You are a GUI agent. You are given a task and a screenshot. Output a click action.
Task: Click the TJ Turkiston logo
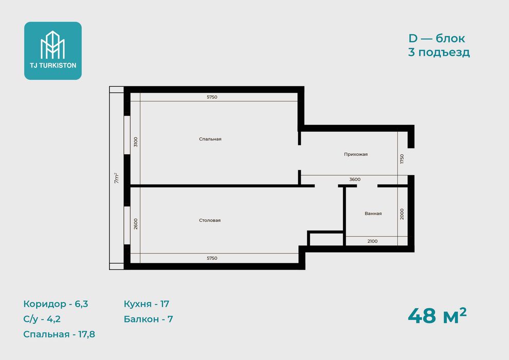(x=53, y=50)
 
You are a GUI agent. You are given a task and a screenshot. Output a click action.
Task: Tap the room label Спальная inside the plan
(x=210, y=139)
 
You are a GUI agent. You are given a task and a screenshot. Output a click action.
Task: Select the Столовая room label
(x=210, y=220)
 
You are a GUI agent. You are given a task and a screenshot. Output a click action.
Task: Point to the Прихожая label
(x=356, y=154)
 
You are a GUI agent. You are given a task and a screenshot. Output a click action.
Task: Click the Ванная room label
(x=373, y=213)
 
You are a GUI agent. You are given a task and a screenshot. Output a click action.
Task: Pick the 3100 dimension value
(x=136, y=142)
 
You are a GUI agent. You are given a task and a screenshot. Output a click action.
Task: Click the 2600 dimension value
(x=136, y=224)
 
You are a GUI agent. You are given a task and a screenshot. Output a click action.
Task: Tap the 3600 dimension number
(x=355, y=179)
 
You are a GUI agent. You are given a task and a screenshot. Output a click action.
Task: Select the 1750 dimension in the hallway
(x=402, y=159)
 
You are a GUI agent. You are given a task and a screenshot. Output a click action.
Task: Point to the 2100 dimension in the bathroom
(x=372, y=241)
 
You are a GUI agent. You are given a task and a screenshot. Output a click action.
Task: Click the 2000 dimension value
(x=402, y=214)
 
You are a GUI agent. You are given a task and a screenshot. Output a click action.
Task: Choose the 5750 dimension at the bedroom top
(x=212, y=97)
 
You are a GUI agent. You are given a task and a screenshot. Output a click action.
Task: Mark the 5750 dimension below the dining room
(x=212, y=258)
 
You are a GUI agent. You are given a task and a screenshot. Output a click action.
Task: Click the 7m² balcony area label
(x=117, y=178)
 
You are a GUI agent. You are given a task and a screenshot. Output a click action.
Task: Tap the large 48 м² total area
(x=437, y=316)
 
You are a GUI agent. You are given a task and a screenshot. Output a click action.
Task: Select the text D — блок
(x=437, y=38)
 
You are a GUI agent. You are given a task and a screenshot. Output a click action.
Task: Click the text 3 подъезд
(x=439, y=52)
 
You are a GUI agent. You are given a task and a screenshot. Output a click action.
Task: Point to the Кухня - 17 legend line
(x=147, y=304)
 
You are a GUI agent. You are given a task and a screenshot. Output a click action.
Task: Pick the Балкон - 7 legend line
(x=149, y=319)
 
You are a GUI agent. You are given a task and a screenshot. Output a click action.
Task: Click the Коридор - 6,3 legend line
(x=56, y=304)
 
